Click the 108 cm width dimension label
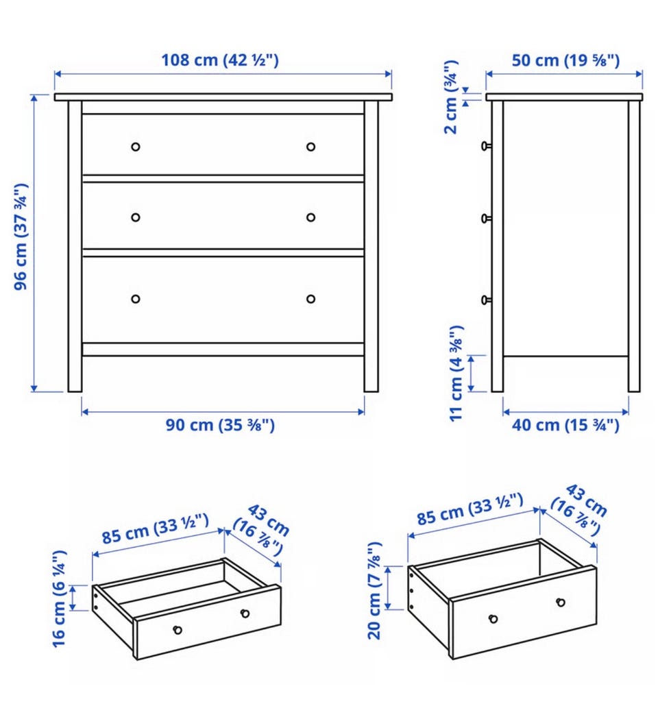pos(220,60)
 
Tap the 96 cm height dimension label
pos(21,237)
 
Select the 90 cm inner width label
pos(220,425)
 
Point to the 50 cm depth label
pos(565,60)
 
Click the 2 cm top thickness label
pos(451,97)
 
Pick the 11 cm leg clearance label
pos(456,373)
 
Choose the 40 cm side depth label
pos(565,425)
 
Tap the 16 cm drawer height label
pos(60,598)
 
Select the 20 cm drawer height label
pos(374,591)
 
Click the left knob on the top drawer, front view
pos(135,147)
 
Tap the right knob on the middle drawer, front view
pos(311,217)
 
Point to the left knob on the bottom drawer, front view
pos(135,299)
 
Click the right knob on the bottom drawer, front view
pos(311,299)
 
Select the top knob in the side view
pos(487,146)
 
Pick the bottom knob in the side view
pos(487,300)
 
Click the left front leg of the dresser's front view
pos(75,247)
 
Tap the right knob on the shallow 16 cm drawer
pos(245,613)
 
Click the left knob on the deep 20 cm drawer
pos(493,619)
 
